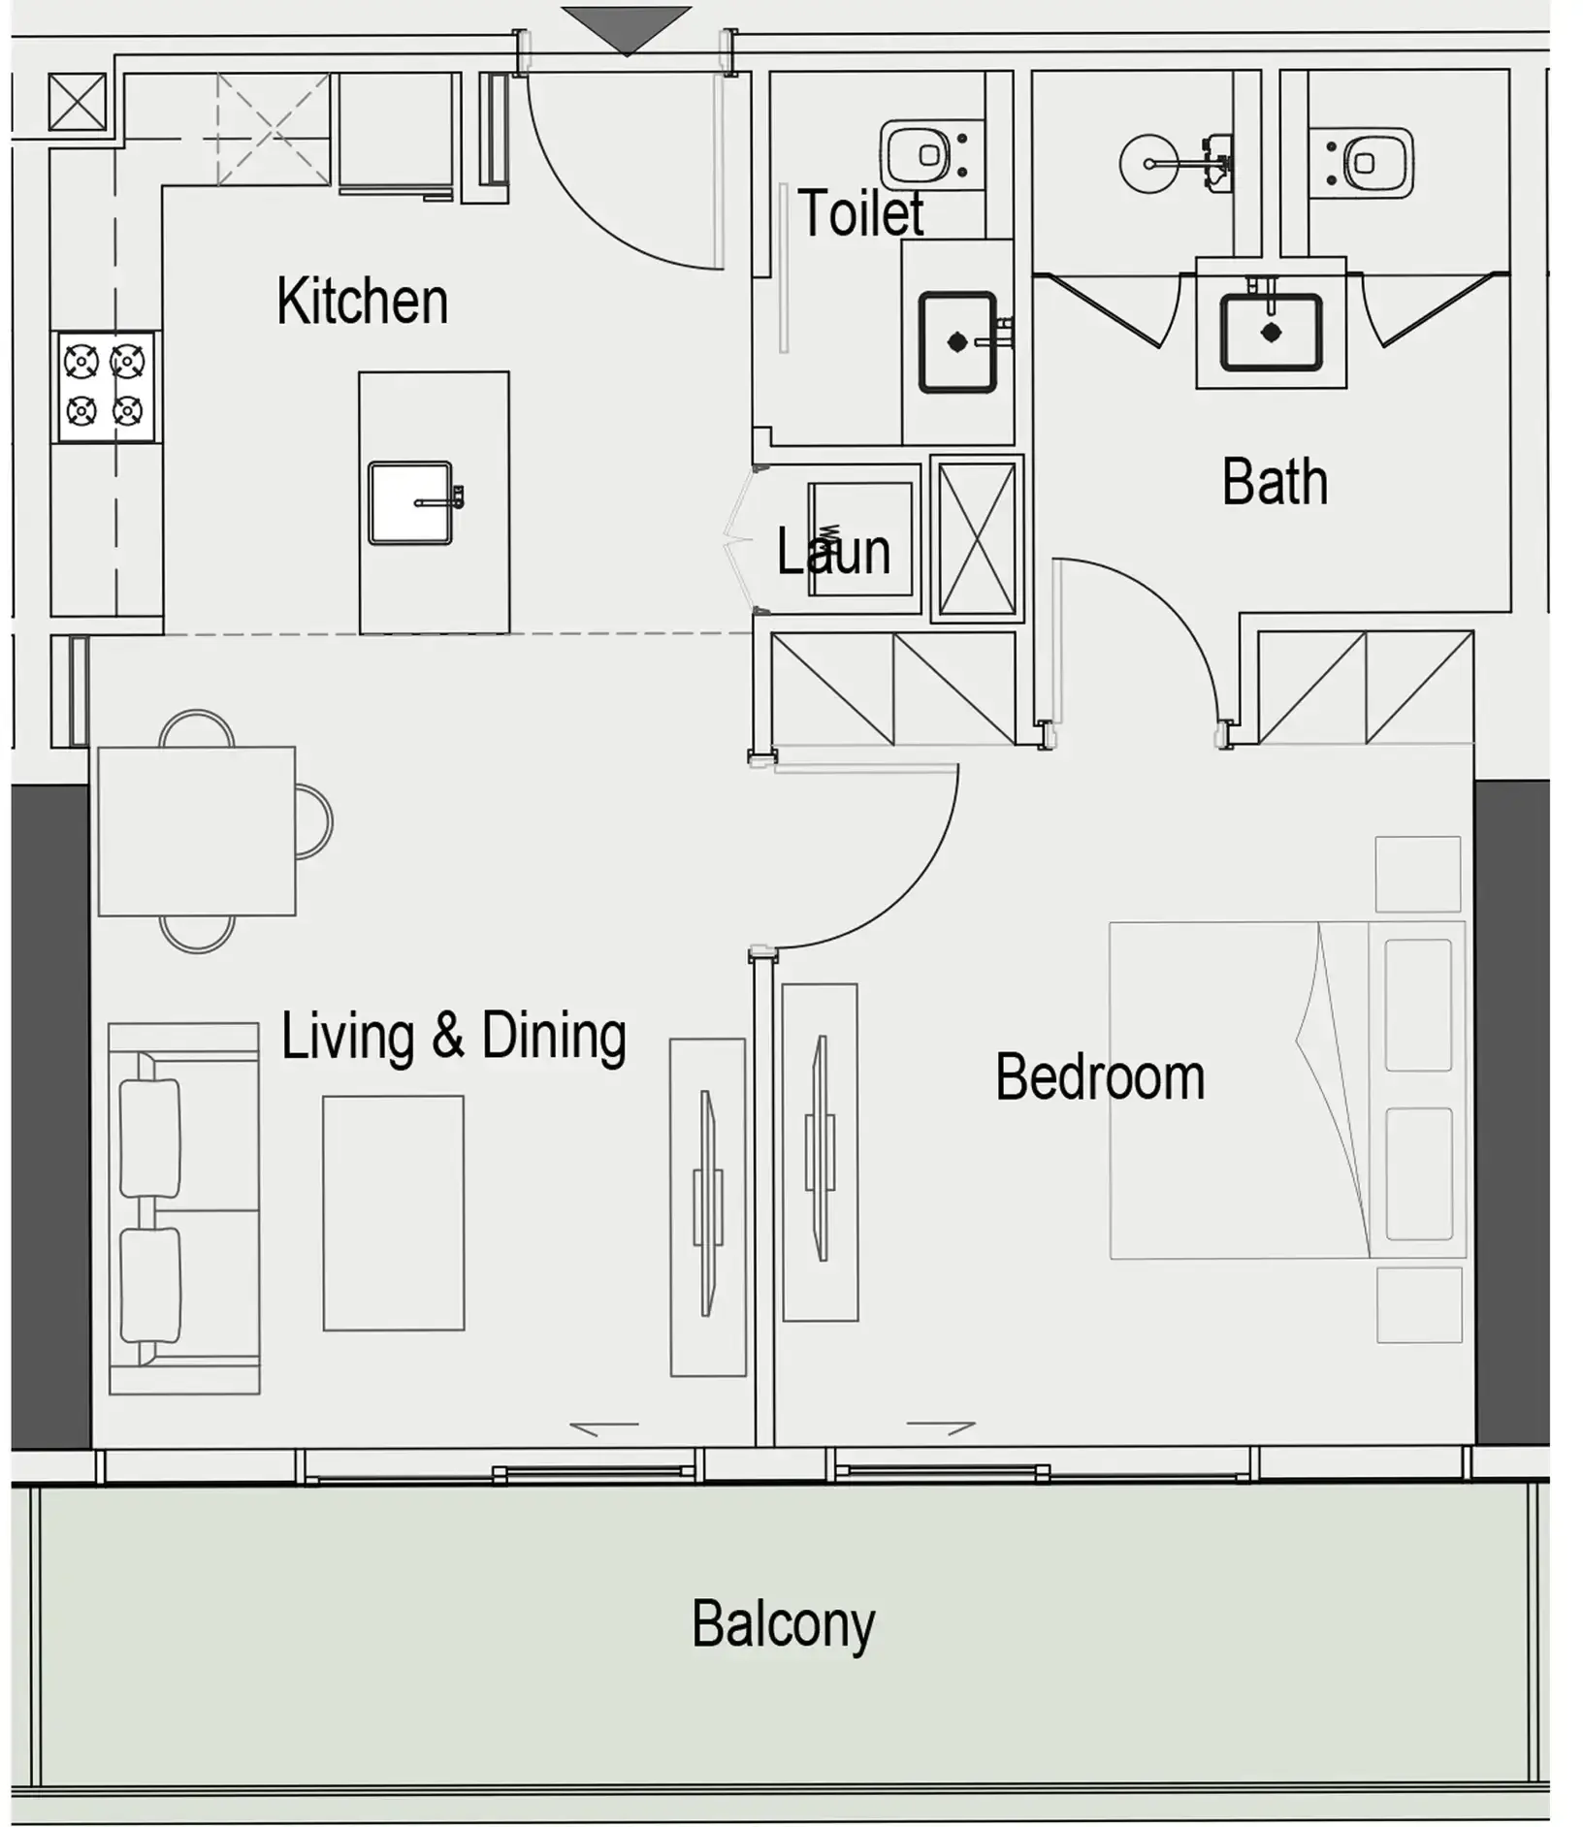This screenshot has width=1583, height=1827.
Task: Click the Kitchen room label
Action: [x=362, y=301]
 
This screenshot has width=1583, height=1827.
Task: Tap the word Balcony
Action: [x=783, y=1623]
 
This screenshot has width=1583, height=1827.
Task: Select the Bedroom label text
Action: [x=1100, y=1076]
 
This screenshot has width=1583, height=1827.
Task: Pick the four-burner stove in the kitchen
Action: [x=106, y=387]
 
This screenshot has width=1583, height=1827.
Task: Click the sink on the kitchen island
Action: [x=410, y=502]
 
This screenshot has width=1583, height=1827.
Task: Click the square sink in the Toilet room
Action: [x=957, y=341]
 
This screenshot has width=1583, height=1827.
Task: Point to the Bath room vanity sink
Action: [x=1271, y=333]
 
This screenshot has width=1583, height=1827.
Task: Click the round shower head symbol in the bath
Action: [x=1149, y=163]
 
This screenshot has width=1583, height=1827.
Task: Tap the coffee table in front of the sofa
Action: [x=393, y=1213]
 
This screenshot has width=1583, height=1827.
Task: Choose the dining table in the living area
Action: [x=197, y=831]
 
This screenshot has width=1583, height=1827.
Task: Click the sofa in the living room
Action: [x=184, y=1208]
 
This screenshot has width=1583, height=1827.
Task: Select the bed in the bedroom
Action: [x=1287, y=1090]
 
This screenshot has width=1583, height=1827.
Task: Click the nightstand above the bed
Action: [x=1418, y=874]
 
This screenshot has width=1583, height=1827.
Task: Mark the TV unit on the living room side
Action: [x=708, y=1207]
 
